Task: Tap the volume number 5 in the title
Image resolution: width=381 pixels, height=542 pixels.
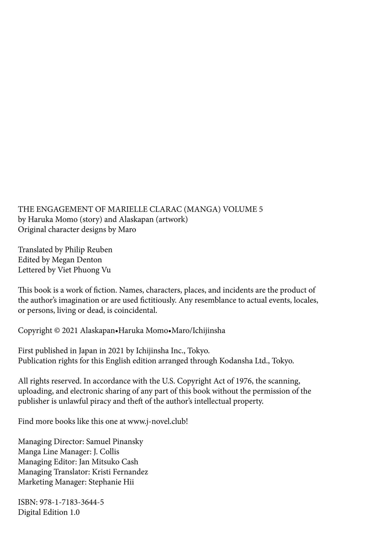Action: coord(260,209)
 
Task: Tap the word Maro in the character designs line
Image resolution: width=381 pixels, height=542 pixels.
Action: coord(127,230)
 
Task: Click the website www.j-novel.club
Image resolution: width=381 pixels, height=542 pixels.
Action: coord(157,421)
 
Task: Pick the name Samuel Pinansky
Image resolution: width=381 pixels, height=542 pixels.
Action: coord(114,441)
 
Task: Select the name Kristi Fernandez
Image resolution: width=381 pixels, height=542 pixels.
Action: coord(120,472)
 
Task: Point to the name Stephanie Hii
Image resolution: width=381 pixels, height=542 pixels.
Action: coord(111,482)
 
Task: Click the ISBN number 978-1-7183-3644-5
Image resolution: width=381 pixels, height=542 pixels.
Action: coord(72,502)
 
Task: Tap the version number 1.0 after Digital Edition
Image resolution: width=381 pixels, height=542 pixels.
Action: coord(74,512)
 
